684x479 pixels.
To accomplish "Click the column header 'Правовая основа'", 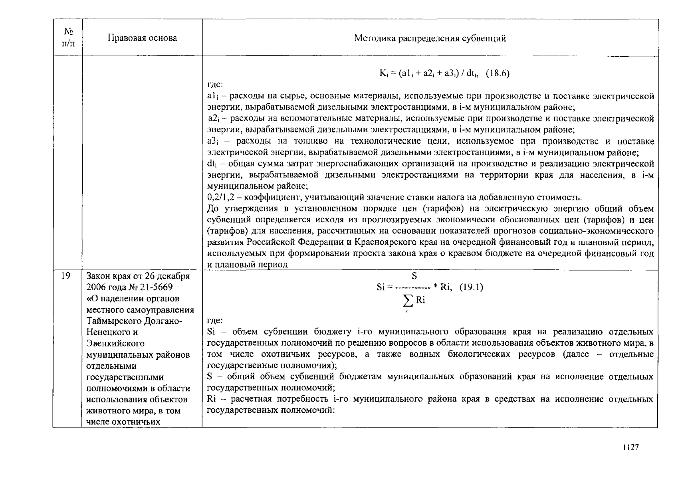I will [142, 38].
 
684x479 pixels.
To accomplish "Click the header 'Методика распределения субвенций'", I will [430, 38].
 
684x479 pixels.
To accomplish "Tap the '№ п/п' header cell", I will [68, 37].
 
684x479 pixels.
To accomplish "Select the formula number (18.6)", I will [498, 73].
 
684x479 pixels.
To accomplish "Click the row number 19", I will [66, 276].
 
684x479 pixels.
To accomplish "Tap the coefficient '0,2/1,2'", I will [220, 197].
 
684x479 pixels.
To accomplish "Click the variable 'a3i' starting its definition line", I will [212, 141].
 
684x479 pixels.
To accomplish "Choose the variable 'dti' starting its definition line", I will [211, 164].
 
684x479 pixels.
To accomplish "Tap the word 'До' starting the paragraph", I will [214, 209].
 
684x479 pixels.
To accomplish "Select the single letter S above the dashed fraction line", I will [414, 276].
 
